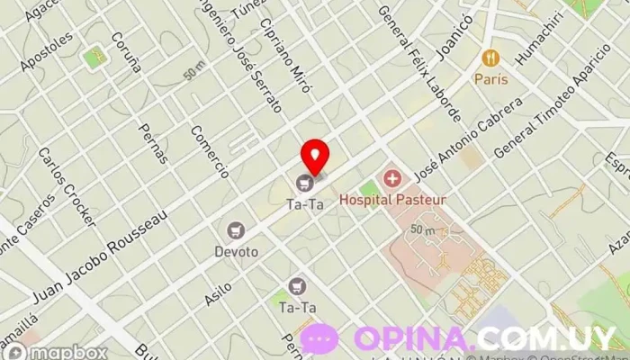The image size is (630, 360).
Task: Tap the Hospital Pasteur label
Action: [392, 199]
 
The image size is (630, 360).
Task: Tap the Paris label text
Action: [490, 79]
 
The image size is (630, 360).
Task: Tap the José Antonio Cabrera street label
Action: [468, 138]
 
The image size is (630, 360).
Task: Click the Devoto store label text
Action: [236, 252]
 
